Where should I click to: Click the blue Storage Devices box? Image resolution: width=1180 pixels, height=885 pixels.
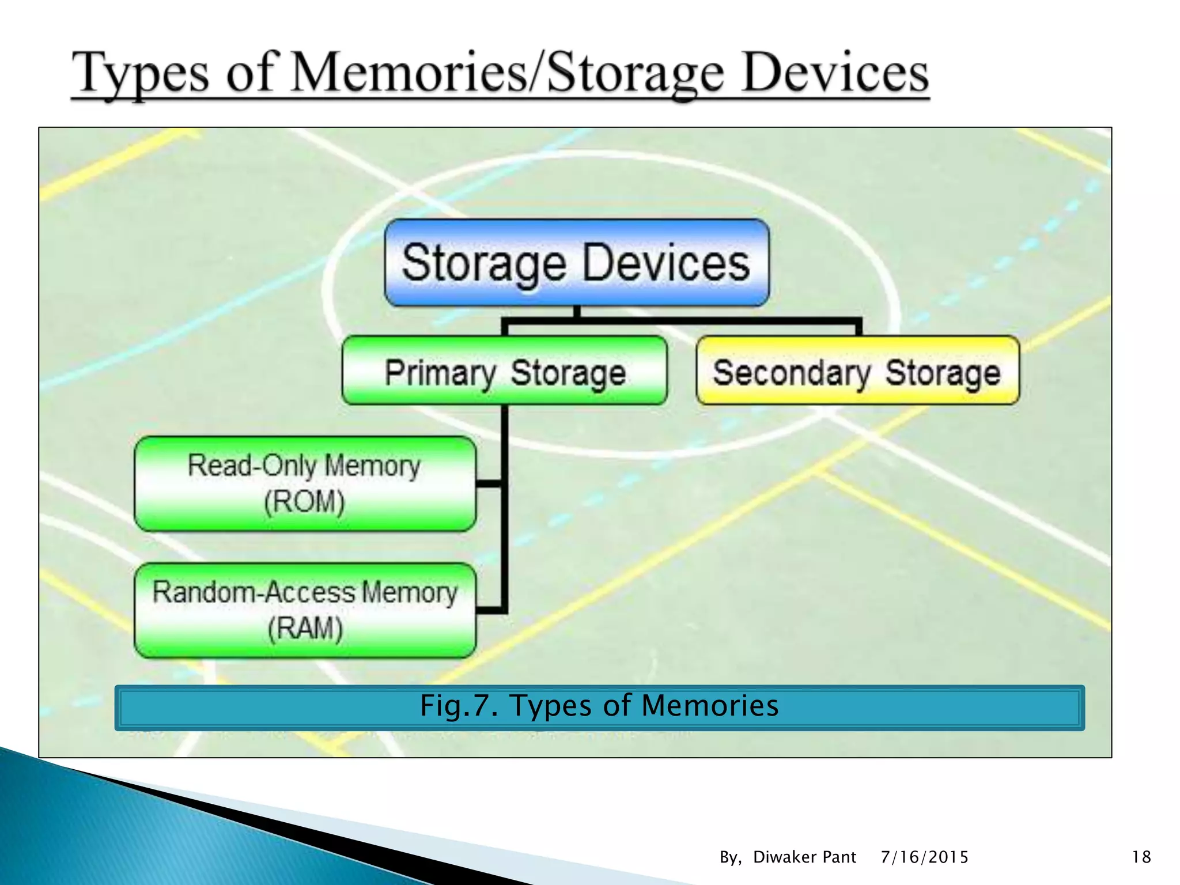coord(576,263)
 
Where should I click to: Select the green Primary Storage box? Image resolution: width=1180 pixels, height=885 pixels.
coord(505,371)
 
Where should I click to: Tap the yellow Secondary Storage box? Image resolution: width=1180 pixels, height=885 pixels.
coord(857,371)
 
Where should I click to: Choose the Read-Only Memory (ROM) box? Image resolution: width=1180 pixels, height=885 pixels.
coord(305,483)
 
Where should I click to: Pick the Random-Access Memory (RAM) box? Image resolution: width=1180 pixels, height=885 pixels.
coord(305,610)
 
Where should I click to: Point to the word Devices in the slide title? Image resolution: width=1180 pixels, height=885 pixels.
coord(835,74)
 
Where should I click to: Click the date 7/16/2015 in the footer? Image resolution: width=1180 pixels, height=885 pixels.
coord(924,857)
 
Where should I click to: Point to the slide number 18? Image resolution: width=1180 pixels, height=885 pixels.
coord(1141,857)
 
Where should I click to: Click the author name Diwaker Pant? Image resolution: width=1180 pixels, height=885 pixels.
coord(804,857)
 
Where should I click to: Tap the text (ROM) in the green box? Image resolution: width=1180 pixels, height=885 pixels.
coord(304,501)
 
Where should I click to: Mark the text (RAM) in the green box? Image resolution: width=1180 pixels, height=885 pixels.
coord(305,628)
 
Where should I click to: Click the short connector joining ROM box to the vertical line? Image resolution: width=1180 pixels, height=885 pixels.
coord(489,483)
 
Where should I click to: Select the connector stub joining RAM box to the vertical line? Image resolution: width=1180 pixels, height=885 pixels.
coord(489,610)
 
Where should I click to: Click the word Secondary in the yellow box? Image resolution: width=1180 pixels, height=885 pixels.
coord(791,373)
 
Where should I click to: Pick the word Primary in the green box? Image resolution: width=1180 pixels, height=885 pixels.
coord(440,373)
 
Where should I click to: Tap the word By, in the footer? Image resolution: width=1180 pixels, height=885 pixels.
coord(730,857)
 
